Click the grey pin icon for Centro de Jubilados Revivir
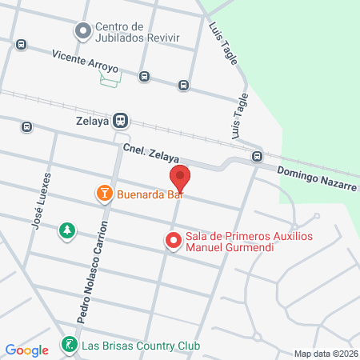click(x=82, y=32)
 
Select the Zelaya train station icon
click(x=121, y=120)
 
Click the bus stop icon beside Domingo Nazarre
click(x=257, y=156)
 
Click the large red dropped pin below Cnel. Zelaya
click(x=180, y=178)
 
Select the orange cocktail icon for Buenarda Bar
click(x=103, y=194)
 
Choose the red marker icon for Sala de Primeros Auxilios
click(x=172, y=241)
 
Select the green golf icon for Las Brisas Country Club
click(x=70, y=346)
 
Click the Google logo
click(x=27, y=350)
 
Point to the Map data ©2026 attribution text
click(x=324, y=354)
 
